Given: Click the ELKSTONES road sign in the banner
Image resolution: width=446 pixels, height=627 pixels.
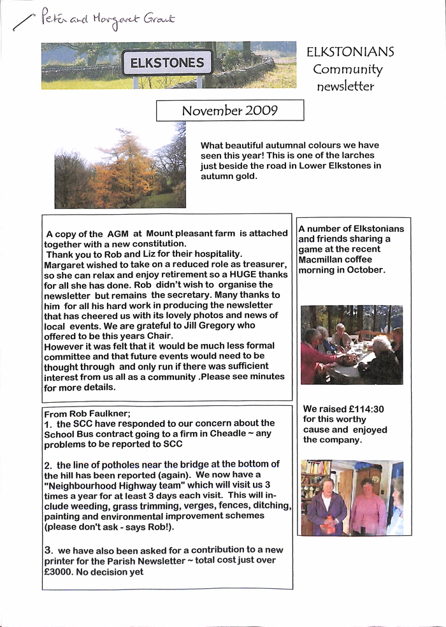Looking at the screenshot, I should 168,62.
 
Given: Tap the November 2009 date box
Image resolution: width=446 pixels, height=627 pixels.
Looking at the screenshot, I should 230,110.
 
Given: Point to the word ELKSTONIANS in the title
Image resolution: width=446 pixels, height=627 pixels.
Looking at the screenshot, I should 350,52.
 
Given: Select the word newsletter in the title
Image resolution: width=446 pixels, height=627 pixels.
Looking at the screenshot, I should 345,86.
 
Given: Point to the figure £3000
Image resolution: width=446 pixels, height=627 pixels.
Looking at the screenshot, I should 61,572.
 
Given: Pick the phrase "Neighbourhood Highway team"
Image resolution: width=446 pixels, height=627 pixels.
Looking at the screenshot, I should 108,485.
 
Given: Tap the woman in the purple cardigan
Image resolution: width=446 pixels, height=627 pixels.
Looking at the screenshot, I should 326,507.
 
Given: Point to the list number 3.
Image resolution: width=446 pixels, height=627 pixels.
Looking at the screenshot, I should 48,549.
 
